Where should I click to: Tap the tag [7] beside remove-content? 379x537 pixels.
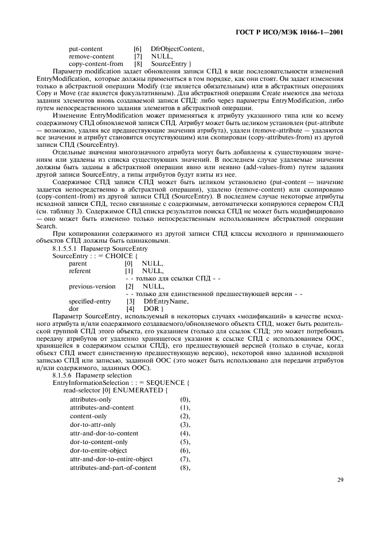pos(138,56)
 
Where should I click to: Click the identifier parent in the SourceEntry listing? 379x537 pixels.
pos(78,263)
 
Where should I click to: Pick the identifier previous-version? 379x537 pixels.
pos(92,286)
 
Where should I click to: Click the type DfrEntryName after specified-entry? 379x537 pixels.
pos(166,301)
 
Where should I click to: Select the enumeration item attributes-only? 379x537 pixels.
pos(91,398)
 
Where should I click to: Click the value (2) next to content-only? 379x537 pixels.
pos(185,415)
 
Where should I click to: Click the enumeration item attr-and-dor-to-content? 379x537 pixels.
pos(104,433)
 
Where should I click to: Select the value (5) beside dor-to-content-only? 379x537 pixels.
pos(185,442)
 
